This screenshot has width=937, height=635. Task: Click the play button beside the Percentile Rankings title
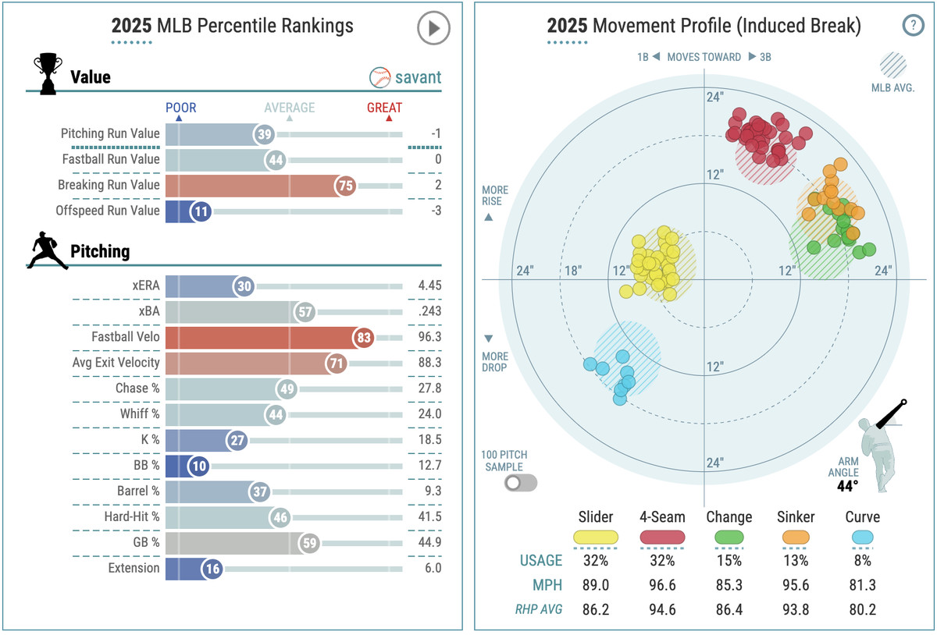tap(433, 29)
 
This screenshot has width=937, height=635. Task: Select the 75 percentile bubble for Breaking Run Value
tap(345, 185)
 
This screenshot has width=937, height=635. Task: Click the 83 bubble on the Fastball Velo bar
tap(362, 338)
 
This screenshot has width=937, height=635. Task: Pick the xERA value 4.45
tap(429, 286)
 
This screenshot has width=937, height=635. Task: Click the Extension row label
tap(134, 568)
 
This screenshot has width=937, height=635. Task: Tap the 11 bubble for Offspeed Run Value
tap(200, 211)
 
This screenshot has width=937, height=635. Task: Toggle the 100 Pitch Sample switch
tap(521, 483)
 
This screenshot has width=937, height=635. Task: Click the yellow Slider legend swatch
tap(595, 537)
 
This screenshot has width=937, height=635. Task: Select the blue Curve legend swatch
tap(862, 537)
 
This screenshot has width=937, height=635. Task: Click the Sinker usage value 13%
tap(796, 560)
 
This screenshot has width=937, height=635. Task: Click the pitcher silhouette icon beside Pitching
tap(48, 251)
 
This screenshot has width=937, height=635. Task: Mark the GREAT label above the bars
tap(384, 108)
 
